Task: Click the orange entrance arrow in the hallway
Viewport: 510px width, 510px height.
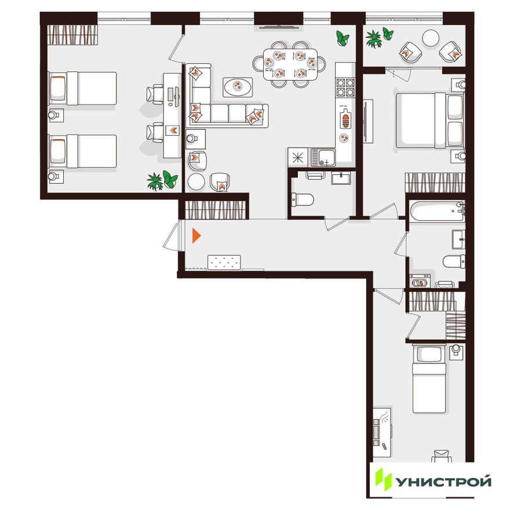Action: click(x=196, y=236)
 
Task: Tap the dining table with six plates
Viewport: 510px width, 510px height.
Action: click(x=290, y=64)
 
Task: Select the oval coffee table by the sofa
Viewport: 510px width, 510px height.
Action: click(x=238, y=87)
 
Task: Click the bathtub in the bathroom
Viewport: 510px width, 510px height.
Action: click(x=437, y=212)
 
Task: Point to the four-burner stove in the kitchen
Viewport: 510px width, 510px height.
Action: click(x=345, y=87)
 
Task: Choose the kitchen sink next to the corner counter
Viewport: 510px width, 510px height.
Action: click(x=323, y=158)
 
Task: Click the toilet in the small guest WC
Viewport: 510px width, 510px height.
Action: click(x=302, y=199)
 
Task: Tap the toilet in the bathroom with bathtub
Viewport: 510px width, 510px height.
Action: click(x=454, y=261)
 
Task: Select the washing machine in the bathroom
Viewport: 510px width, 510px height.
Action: click(x=420, y=281)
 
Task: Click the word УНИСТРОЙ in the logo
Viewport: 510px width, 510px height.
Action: click(x=443, y=482)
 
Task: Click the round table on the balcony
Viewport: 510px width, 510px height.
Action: click(x=431, y=38)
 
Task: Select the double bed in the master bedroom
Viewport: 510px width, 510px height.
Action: click(x=429, y=120)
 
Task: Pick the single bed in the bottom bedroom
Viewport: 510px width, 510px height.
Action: click(x=429, y=378)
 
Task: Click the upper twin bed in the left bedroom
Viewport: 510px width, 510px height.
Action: click(x=82, y=89)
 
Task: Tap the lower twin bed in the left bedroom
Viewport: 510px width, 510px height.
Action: click(x=82, y=151)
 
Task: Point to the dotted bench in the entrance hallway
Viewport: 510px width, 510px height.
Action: click(x=224, y=263)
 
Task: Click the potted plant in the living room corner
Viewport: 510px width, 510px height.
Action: click(x=343, y=38)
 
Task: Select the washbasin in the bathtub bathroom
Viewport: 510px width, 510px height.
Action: click(x=458, y=239)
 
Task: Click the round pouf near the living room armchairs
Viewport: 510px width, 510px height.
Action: click(x=196, y=181)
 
